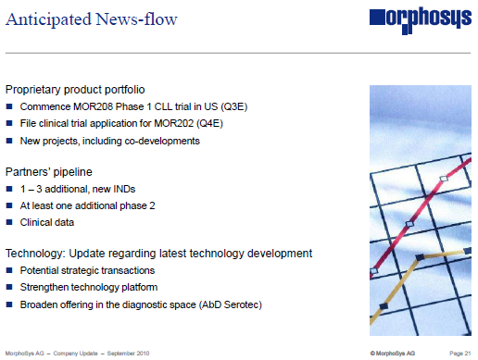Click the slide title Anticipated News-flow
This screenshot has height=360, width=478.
click(92, 19)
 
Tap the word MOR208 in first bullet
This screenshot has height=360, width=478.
click(99, 107)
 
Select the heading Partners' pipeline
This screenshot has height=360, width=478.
click(48, 172)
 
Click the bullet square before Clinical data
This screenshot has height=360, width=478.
click(9, 223)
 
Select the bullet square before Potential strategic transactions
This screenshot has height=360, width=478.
click(9, 271)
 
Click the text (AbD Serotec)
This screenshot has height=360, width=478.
click(226, 304)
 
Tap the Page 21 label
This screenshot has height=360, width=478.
click(460, 353)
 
